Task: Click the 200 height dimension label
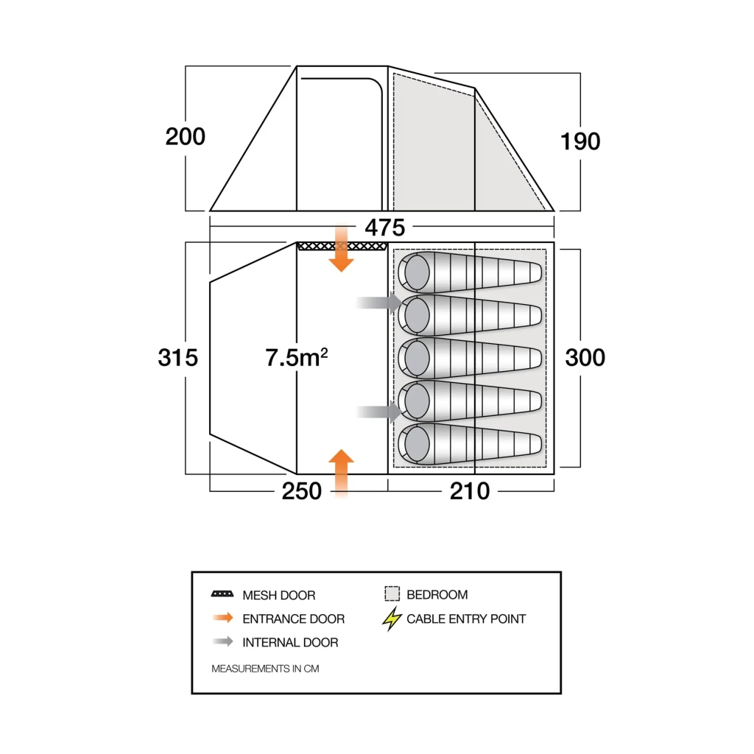pyautogui.click(x=186, y=137)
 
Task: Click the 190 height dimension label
pyautogui.click(x=580, y=141)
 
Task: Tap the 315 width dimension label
pyautogui.click(x=178, y=358)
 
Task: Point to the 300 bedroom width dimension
pyautogui.click(x=585, y=358)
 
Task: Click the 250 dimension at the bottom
pyautogui.click(x=302, y=491)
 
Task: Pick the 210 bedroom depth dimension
pyautogui.click(x=470, y=491)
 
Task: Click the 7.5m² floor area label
pyautogui.click(x=297, y=358)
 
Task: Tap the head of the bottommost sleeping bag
pyautogui.click(x=417, y=444)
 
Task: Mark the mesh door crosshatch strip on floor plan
pyautogui.click(x=342, y=246)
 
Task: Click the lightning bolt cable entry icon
pyautogui.click(x=392, y=619)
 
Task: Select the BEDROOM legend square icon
pyautogui.click(x=392, y=594)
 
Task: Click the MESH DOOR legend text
pyautogui.click(x=278, y=595)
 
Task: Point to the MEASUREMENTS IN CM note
pyautogui.click(x=265, y=669)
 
